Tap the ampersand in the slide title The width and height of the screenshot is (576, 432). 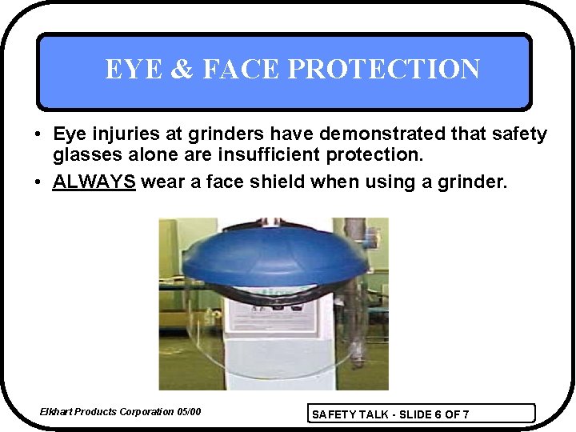click(x=179, y=70)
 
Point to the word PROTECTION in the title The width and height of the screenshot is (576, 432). click(x=383, y=70)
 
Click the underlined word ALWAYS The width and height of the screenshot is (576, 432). click(x=94, y=182)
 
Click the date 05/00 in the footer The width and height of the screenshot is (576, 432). click(x=189, y=412)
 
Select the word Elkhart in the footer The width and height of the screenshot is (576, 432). click(x=56, y=412)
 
